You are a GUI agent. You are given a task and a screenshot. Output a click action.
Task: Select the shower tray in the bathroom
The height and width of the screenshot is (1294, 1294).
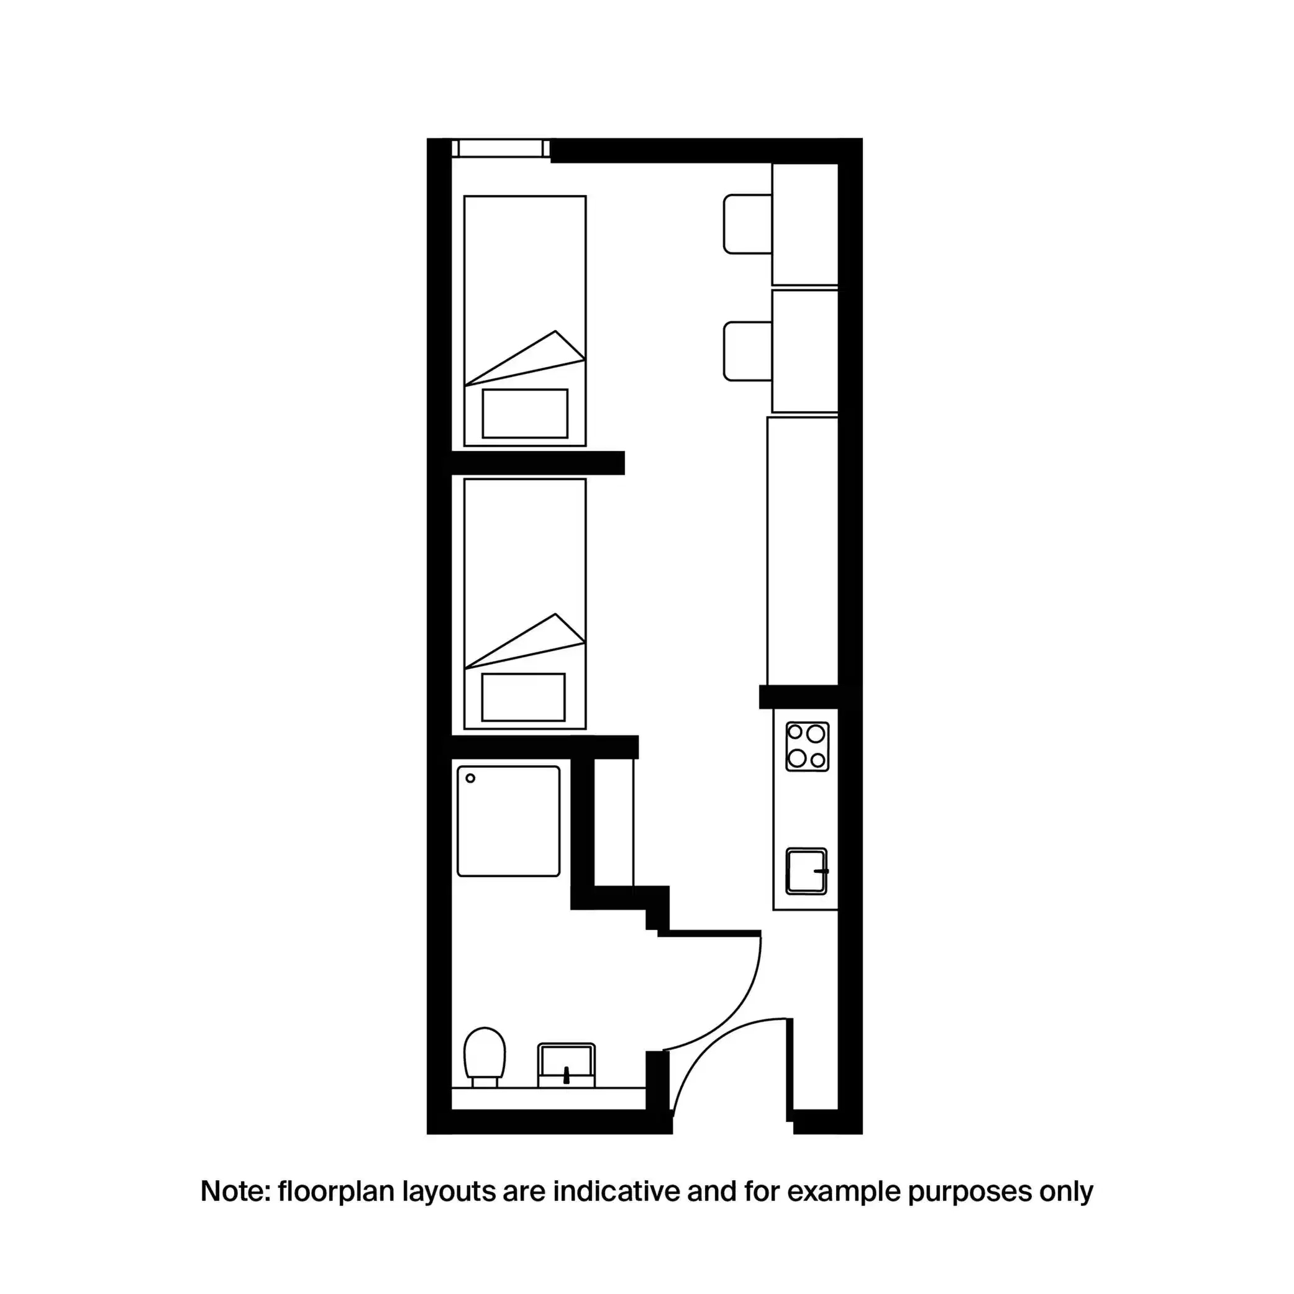[508, 821]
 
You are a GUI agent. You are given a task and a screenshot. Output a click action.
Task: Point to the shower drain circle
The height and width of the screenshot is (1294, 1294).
[470, 778]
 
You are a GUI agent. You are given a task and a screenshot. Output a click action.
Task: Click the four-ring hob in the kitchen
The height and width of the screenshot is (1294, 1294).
[806, 746]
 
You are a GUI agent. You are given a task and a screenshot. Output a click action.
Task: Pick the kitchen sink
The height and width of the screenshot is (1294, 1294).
[806, 872]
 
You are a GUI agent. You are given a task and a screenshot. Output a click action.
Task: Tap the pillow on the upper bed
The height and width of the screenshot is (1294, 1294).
[524, 413]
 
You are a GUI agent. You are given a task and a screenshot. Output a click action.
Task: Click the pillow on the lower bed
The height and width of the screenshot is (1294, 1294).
[523, 697]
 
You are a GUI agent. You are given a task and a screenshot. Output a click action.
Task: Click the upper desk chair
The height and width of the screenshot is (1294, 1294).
[747, 224]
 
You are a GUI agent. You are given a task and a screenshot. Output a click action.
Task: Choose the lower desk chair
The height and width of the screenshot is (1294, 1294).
[747, 351]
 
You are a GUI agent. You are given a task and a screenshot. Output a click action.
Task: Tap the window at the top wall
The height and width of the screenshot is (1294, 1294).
[500, 148]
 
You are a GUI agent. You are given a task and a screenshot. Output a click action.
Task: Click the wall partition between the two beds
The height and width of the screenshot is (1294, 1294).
[538, 463]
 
